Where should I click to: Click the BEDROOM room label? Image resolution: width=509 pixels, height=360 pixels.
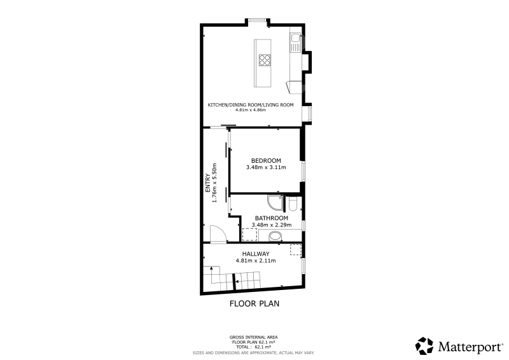[266, 161]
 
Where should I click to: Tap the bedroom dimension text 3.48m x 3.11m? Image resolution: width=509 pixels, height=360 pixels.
[266, 167]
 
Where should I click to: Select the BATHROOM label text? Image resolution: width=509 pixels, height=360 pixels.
[272, 218]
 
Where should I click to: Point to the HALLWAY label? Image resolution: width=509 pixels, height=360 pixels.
[256, 254]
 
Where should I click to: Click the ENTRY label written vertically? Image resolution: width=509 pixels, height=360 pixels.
[208, 183]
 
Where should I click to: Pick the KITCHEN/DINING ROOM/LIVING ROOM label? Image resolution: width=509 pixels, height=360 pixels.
[251, 105]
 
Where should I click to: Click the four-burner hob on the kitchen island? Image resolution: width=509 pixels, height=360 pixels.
[265, 60]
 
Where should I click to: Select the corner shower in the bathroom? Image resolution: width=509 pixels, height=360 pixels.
[275, 202]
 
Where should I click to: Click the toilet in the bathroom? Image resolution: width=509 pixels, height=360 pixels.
[293, 204]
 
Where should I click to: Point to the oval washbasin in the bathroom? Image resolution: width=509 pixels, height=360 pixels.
[275, 237]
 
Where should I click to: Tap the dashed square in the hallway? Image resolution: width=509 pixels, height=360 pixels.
[295, 249]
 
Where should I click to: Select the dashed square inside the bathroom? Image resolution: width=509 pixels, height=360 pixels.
[249, 234]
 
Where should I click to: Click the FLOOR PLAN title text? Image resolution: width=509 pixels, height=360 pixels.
[254, 303]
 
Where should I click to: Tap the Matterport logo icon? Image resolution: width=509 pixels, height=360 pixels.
[424, 346]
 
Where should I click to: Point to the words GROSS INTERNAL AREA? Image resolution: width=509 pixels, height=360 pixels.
[253, 338]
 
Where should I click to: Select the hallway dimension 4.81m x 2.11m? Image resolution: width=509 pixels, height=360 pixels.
[256, 261]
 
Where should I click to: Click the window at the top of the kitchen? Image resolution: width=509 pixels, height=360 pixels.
[258, 20]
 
